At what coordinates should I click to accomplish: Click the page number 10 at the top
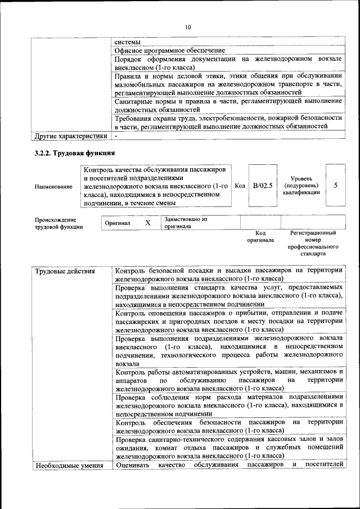(x=188, y=27)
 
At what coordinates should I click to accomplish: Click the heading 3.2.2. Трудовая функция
(x=74, y=153)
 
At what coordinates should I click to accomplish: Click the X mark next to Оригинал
(x=147, y=223)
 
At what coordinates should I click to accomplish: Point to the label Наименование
(x=53, y=186)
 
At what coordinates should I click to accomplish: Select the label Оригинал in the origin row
(x=118, y=223)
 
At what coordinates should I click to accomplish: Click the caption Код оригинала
(x=260, y=236)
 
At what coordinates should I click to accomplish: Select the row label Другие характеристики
(x=70, y=136)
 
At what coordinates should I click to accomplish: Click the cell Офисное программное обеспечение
(x=169, y=51)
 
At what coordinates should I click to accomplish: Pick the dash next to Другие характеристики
(x=116, y=136)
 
